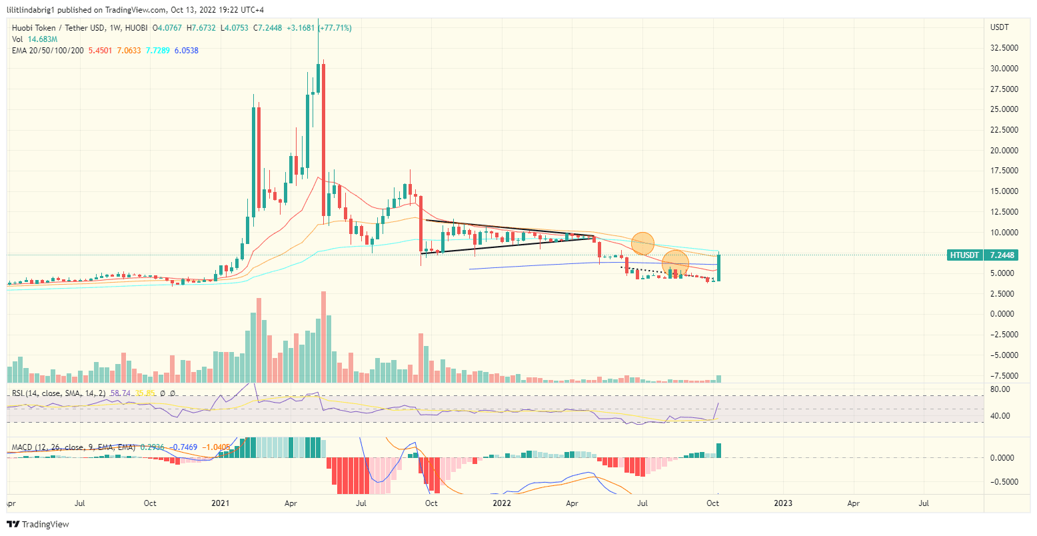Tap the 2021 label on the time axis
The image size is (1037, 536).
(220, 503)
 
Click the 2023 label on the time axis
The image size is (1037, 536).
(783, 503)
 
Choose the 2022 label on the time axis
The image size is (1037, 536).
(501, 503)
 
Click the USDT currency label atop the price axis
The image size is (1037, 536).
(1000, 27)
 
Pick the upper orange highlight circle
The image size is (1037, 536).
(642, 243)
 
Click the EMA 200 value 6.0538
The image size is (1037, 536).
(186, 51)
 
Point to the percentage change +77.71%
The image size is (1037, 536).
(335, 28)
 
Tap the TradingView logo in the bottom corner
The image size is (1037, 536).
(38, 525)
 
